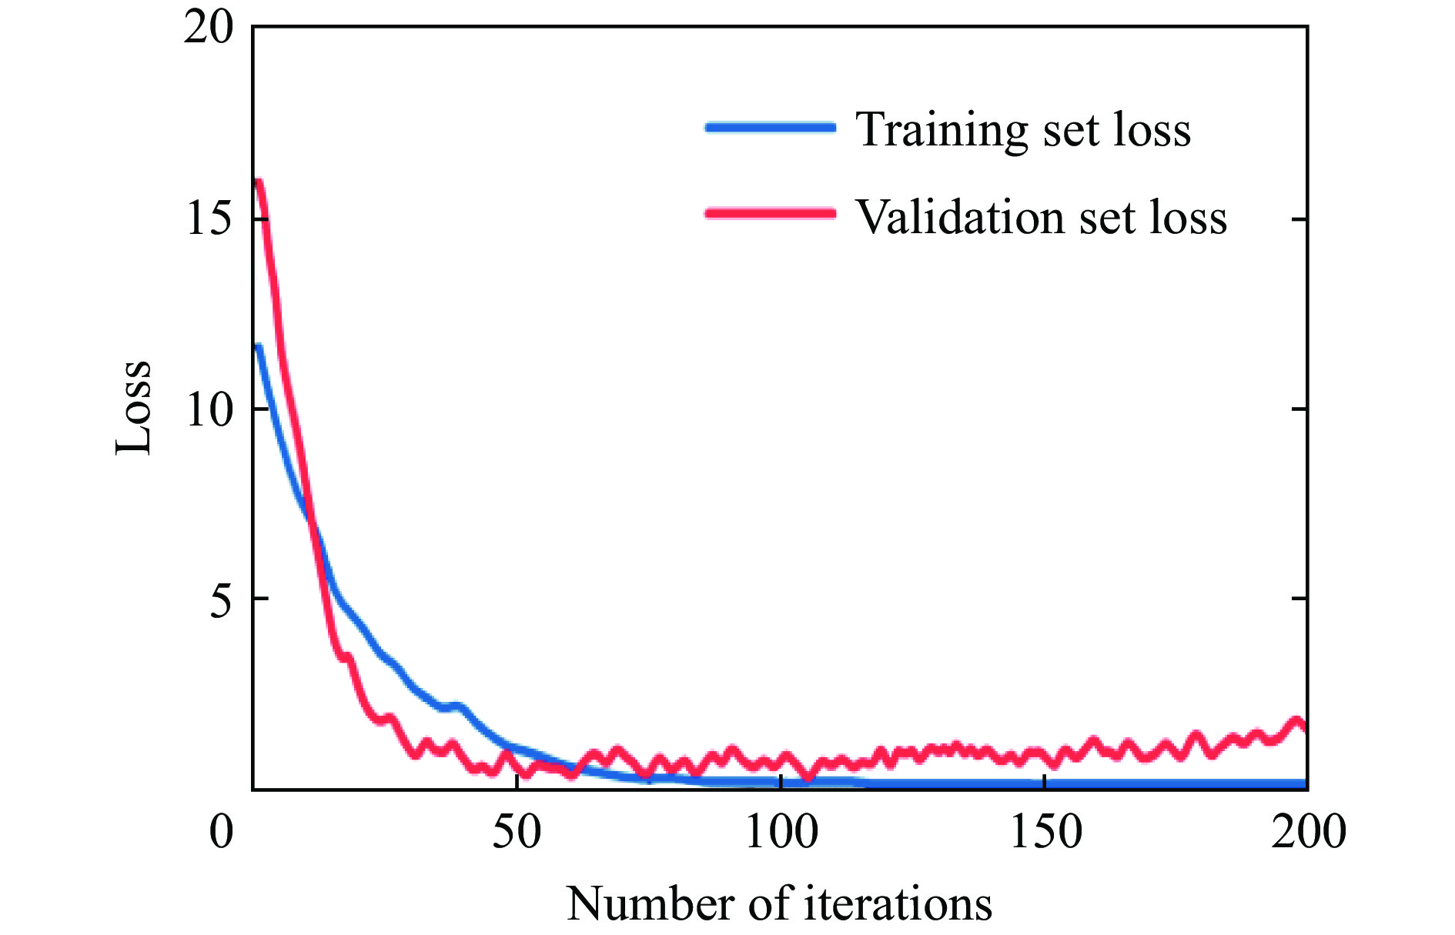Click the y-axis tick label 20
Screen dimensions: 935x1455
click(208, 29)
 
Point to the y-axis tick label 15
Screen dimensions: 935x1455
click(208, 219)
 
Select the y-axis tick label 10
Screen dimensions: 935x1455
click(208, 409)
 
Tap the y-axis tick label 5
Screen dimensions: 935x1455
click(220, 599)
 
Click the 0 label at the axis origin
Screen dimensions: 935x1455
click(222, 832)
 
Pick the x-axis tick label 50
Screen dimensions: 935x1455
click(517, 832)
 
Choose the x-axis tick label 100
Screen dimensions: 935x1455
click(781, 832)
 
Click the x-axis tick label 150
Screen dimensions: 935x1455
click(1045, 832)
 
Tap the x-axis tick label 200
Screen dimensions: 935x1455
click(1308, 832)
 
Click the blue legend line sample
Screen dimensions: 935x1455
click(770, 128)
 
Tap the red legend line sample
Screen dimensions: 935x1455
click(770, 214)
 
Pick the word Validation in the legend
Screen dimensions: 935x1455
click(959, 217)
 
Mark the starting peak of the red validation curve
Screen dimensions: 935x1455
click(259, 183)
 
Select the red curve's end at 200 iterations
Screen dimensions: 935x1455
click(1303, 726)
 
